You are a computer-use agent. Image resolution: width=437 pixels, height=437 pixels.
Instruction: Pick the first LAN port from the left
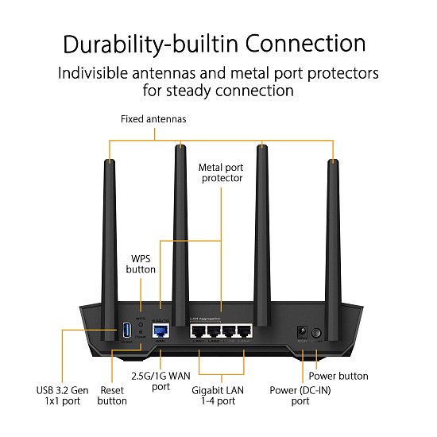(x=199, y=331)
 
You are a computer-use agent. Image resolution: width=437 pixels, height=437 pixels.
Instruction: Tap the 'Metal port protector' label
(x=221, y=172)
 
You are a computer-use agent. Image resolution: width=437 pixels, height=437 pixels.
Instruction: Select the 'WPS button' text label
(x=141, y=264)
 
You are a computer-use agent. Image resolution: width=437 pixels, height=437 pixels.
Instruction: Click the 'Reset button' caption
(x=112, y=395)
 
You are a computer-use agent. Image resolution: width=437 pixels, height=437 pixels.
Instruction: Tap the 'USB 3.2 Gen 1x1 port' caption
(x=62, y=395)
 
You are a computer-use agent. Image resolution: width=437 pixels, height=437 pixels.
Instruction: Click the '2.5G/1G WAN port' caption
(x=161, y=382)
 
